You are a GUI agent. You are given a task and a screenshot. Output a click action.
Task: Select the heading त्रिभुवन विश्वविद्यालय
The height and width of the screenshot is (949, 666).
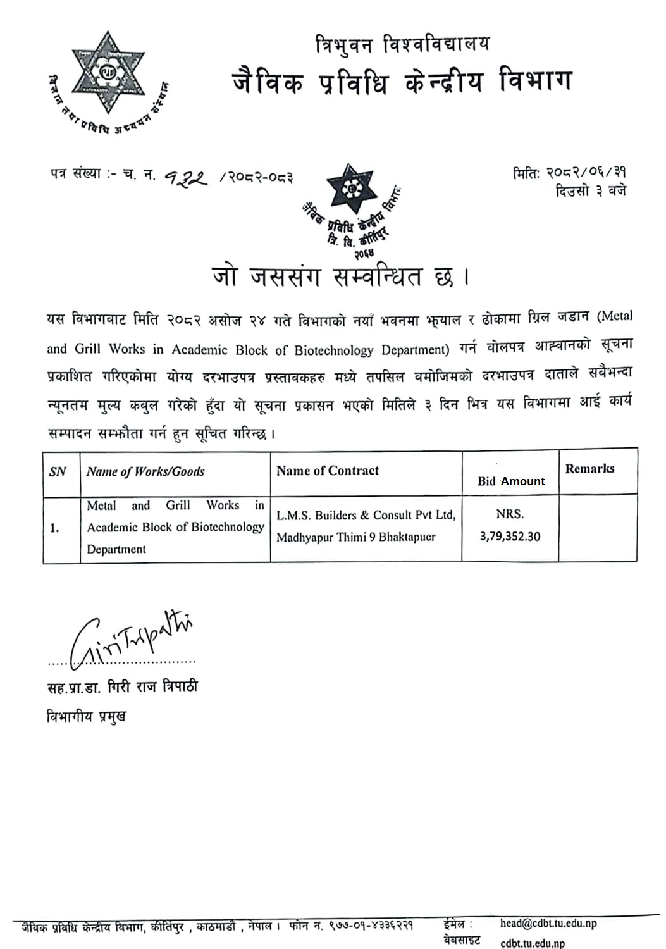click(x=402, y=45)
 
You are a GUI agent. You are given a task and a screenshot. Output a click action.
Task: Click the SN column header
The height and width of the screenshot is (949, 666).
click(x=58, y=471)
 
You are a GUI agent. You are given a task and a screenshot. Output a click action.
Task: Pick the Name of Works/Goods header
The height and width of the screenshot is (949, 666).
click(x=145, y=471)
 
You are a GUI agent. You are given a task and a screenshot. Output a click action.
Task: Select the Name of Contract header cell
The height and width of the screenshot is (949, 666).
click(x=327, y=471)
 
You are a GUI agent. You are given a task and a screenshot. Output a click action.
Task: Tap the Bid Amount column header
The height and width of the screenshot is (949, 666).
click(x=511, y=481)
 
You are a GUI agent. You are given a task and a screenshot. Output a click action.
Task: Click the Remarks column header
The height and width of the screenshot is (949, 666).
click(x=589, y=469)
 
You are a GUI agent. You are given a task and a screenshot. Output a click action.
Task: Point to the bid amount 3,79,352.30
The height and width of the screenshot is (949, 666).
click(x=510, y=537)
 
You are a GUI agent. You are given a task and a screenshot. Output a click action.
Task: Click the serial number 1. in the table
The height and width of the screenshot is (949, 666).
click(x=55, y=528)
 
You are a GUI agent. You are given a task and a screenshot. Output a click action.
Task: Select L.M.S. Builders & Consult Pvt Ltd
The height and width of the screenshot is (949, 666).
click(x=366, y=515)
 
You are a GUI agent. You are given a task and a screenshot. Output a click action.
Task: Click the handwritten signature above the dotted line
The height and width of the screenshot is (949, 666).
click(x=133, y=639)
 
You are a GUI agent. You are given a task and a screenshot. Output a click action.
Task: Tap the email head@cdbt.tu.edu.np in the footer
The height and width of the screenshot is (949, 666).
click(x=548, y=923)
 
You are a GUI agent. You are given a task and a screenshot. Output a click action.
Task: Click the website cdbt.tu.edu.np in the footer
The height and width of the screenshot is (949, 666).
click(x=532, y=943)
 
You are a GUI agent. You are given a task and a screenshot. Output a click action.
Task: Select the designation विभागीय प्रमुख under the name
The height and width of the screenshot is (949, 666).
click(x=87, y=717)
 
